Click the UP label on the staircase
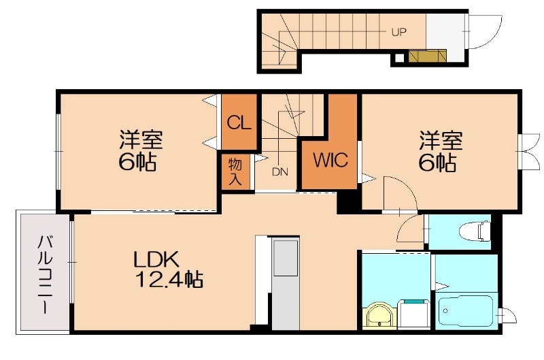tap(398, 31)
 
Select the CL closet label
tap(239, 123)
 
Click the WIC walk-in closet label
tap(330, 161)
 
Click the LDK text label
tap(156, 259)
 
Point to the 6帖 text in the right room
tap(440, 163)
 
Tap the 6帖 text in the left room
tap(139, 163)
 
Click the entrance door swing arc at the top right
tap(484, 34)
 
